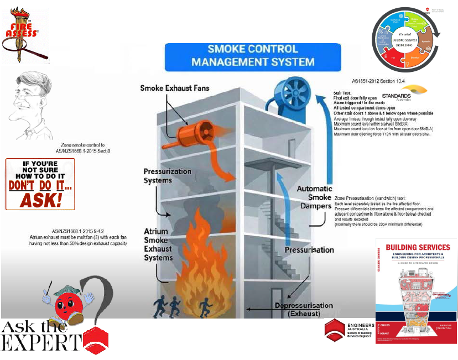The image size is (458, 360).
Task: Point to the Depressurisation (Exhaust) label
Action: [x=303, y=309]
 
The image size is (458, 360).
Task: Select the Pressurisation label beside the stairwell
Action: [x=309, y=250]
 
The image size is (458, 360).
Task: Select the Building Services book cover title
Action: [x=416, y=247]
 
